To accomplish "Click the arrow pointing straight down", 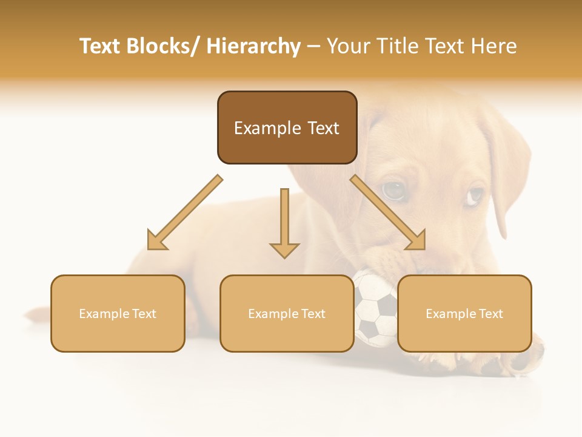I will click(x=284, y=225).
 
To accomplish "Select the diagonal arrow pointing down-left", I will click(x=185, y=212).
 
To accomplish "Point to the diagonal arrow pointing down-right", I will click(x=388, y=212).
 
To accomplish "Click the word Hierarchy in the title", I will click(x=253, y=47).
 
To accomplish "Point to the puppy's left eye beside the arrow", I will click(x=393, y=191).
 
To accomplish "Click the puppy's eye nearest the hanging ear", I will click(x=475, y=195).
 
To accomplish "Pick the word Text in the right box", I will click(x=491, y=314).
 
